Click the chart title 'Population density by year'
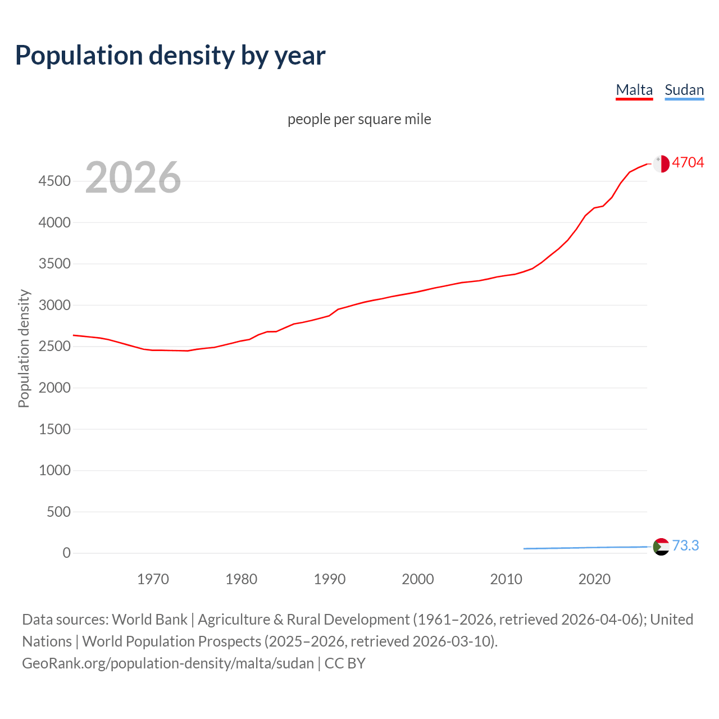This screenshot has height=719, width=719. point(170,55)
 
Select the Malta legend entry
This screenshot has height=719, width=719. point(634,90)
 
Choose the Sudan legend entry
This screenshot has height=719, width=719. point(684,90)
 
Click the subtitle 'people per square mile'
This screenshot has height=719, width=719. point(359,119)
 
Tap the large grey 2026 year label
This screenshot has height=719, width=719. point(133,178)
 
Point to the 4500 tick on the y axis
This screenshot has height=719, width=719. point(54,181)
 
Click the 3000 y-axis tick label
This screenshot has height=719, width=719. point(54,305)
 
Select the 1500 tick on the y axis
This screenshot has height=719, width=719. point(54,429)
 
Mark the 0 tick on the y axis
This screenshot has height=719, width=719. point(67,553)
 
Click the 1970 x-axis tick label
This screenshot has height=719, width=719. point(153,579)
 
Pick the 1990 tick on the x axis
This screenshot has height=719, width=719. point(330,579)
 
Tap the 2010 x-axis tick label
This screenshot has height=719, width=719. point(506,579)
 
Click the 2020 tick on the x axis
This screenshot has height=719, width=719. point(594,579)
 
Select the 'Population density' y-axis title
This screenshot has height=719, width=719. point(24,348)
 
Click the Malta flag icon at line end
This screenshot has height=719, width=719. point(661,163)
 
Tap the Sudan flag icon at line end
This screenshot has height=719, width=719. point(661,546)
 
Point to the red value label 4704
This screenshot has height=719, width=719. point(688,162)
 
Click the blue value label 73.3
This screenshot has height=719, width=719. point(685,545)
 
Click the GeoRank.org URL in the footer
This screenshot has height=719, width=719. point(167,663)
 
